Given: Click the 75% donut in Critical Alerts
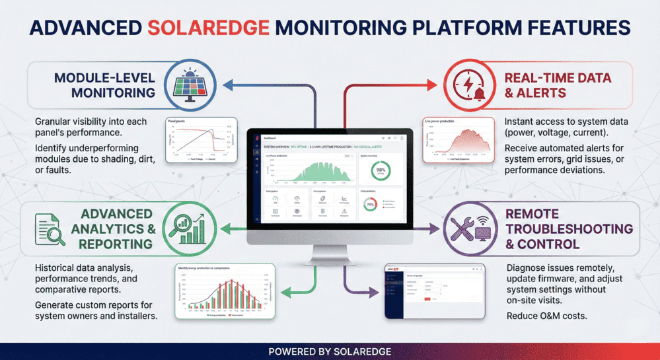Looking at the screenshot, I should (371, 205).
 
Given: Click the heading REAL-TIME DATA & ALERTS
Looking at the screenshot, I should (558, 86).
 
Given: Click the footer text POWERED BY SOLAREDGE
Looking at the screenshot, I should (330, 351).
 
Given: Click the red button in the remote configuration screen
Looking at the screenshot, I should (427, 299).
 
